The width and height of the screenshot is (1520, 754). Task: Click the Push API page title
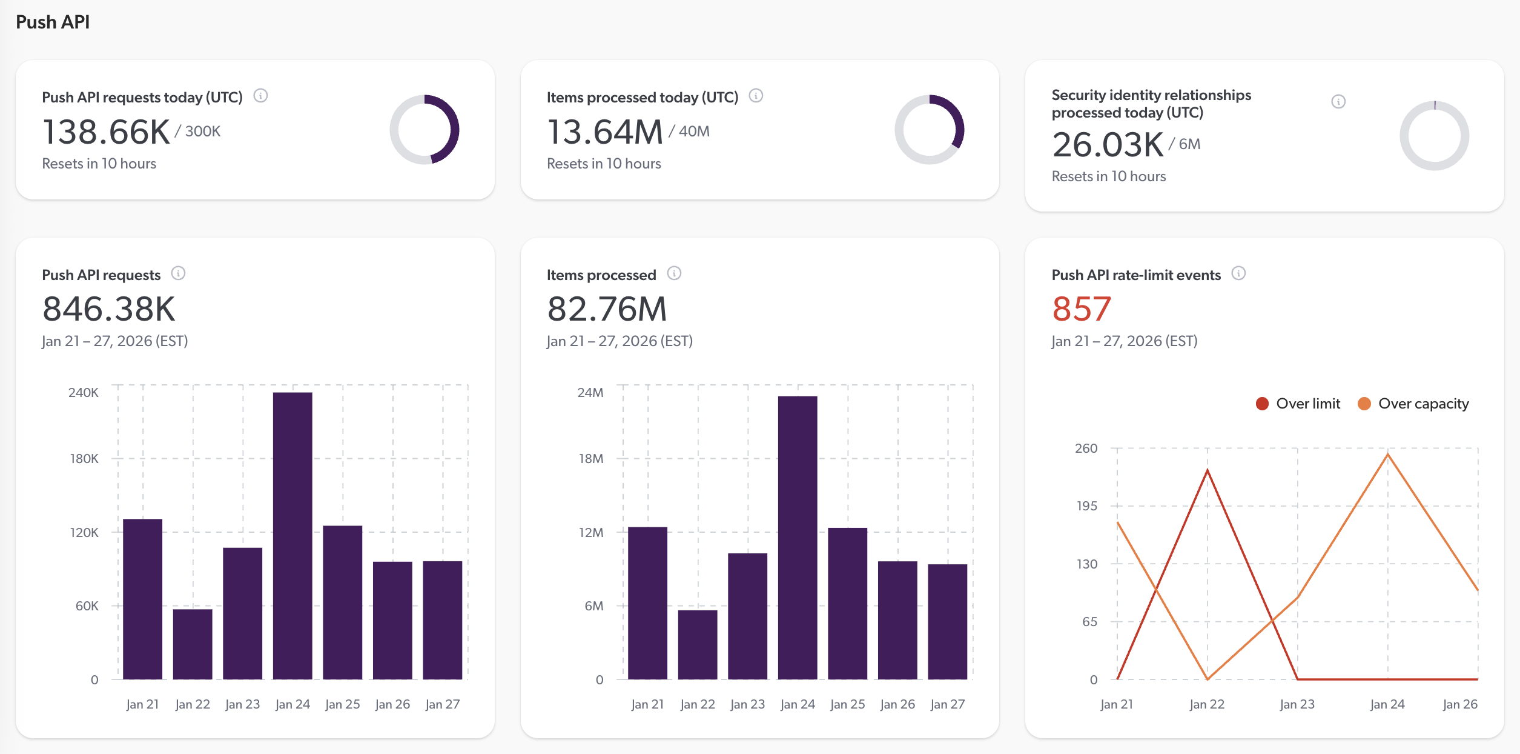coord(53,22)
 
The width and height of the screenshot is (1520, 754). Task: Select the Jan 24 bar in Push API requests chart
coord(292,536)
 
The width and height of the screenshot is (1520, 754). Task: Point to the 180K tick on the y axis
coord(84,459)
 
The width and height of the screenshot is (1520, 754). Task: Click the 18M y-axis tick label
coord(590,459)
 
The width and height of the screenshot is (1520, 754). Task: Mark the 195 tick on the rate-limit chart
coord(1086,506)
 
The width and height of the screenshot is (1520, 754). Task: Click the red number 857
coord(1082,309)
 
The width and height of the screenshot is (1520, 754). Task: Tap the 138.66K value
coord(106,132)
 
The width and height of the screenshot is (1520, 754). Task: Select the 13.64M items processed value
coord(605,132)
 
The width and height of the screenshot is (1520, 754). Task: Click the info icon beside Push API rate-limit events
coord(1238,273)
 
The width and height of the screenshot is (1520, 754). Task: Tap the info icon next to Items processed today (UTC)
coord(756,96)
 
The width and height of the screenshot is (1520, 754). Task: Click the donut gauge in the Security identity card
coord(1434,136)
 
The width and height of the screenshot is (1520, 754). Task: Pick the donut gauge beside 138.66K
coord(425,129)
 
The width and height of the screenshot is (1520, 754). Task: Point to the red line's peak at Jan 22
coord(1207,470)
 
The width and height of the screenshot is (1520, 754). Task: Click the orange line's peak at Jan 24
coord(1387,454)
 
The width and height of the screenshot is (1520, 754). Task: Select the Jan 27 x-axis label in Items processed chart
coord(947,704)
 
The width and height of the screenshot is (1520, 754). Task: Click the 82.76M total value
coord(606,309)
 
